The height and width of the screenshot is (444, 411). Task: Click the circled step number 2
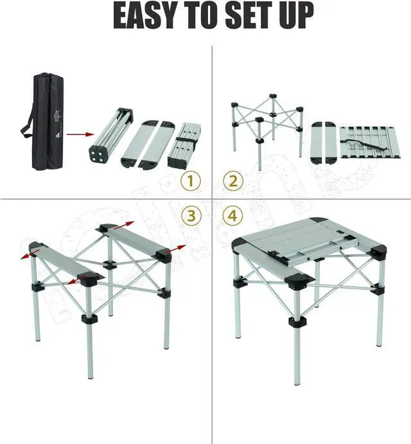232,182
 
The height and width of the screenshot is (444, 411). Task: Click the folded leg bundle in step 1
110,136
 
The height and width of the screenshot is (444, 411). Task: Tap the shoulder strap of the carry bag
28,122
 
